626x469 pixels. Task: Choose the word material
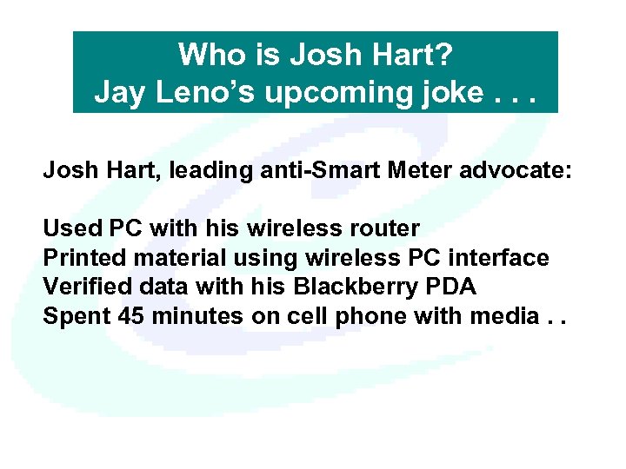(169, 258)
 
